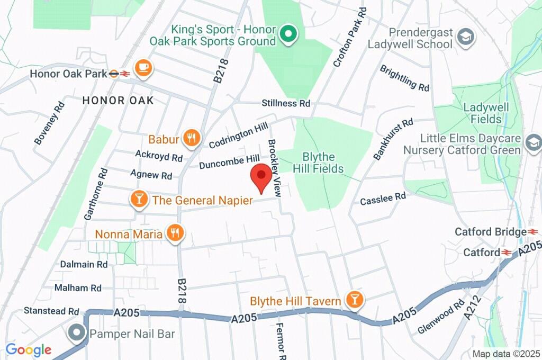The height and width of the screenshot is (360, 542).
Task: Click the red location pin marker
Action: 261,177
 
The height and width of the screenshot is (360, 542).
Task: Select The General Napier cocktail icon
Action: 139,200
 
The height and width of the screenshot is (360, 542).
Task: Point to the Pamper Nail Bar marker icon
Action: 77,334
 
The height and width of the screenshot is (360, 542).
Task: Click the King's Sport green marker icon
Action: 288,34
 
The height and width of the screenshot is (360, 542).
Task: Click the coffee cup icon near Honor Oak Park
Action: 143,67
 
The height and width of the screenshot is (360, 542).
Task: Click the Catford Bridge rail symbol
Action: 533,232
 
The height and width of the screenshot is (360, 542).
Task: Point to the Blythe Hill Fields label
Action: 319,163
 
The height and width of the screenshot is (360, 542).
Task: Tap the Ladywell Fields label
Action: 486,113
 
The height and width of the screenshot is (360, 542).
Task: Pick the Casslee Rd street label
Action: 383,199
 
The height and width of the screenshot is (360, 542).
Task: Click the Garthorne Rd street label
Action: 96,194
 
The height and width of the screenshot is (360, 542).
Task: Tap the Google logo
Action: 28,349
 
